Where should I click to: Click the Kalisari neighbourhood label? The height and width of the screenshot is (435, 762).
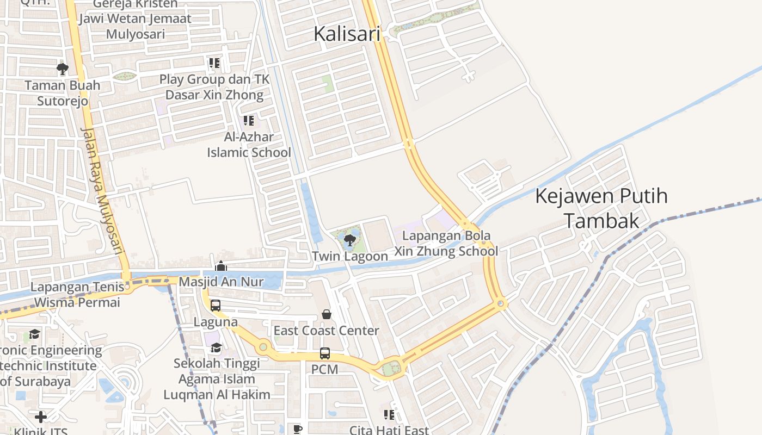click(347, 34)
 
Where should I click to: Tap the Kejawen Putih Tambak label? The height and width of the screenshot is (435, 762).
click(601, 208)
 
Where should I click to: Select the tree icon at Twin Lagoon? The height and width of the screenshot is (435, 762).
click(349, 240)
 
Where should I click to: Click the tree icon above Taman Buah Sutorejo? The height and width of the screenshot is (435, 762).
click(63, 69)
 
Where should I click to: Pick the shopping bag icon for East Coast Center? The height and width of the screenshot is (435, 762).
click(327, 314)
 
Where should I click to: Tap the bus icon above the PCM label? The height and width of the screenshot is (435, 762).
click(325, 353)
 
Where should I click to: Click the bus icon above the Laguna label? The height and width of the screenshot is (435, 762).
click(216, 306)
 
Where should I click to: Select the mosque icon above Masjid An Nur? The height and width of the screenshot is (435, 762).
click(221, 266)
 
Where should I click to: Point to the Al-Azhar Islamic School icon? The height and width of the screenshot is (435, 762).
click(249, 120)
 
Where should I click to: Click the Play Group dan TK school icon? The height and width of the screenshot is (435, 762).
click(214, 63)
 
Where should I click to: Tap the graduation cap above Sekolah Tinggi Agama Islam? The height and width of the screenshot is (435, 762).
click(216, 347)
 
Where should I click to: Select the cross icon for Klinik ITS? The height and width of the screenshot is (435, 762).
click(41, 417)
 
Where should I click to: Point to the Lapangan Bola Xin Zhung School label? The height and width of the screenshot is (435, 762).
click(446, 244)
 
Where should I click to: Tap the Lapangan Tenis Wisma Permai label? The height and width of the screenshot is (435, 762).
click(76, 294)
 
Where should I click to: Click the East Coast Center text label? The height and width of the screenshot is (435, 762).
click(326, 331)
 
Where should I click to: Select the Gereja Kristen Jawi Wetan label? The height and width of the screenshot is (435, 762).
click(135, 19)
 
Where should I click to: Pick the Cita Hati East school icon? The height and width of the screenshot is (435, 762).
click(389, 415)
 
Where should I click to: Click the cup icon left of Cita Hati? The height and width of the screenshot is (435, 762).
click(297, 429)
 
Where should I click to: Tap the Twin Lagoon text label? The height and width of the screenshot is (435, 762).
click(350, 256)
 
